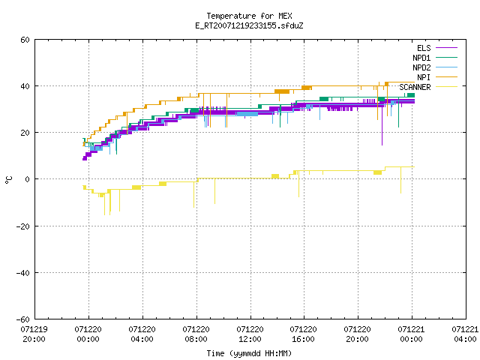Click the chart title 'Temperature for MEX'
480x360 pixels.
[249, 16]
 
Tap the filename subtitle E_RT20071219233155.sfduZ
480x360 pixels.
[249, 25]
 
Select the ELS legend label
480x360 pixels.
[424, 48]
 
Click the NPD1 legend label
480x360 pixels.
[421, 58]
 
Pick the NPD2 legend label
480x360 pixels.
[421, 67]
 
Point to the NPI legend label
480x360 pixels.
[424, 77]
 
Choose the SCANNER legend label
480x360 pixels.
[415, 87]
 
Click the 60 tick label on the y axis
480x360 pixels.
[25, 40]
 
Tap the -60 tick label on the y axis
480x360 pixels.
[23, 319]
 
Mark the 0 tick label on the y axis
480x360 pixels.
[28, 179]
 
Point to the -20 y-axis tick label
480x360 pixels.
[23, 226]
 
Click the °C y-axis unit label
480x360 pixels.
[8, 180]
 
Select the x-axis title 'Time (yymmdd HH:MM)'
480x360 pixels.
[249, 353]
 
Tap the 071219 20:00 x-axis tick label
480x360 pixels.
[34, 334]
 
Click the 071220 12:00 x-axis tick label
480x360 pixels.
[250, 334]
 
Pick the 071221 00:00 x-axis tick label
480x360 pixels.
[412, 334]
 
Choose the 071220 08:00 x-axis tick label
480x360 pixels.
[196, 334]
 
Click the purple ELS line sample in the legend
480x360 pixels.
[446, 48]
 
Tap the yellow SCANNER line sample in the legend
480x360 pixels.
[446, 87]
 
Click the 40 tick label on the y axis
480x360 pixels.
[25, 86]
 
